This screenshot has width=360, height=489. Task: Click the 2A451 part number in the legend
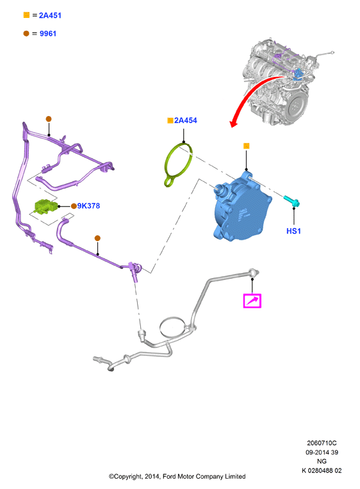(x=50, y=15)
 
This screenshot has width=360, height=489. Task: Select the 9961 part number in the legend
(x=47, y=33)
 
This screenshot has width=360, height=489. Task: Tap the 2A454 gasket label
(x=186, y=120)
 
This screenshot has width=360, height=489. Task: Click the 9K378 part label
(x=88, y=206)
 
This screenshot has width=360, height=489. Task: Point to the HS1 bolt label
(x=293, y=231)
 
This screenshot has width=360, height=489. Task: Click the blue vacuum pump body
(x=241, y=208)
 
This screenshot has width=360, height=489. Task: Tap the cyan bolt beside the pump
(x=291, y=201)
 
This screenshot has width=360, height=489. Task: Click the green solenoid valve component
(x=45, y=206)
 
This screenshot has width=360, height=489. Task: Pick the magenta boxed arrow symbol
(x=252, y=301)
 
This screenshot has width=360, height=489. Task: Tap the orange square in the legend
(x=26, y=15)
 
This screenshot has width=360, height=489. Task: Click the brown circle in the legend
(x=26, y=33)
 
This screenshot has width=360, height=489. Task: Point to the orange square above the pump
(x=246, y=145)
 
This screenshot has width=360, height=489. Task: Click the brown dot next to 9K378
(x=74, y=206)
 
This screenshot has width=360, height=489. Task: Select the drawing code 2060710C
(x=322, y=443)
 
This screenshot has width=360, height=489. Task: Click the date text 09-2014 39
(x=322, y=452)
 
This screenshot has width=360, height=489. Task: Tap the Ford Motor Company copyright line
(x=177, y=476)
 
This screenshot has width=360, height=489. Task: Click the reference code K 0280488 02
(x=322, y=470)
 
